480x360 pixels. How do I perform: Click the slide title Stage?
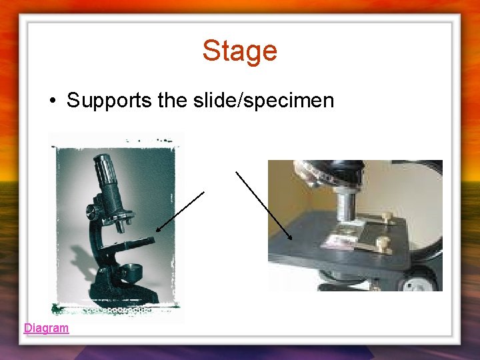tap(239, 51)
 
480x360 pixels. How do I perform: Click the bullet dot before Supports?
tap(51, 101)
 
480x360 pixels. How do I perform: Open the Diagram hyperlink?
tap(46, 327)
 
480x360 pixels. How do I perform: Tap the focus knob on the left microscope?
tap(92, 213)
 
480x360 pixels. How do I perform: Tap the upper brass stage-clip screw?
tap(386, 218)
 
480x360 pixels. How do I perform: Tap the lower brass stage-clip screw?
tap(382, 245)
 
